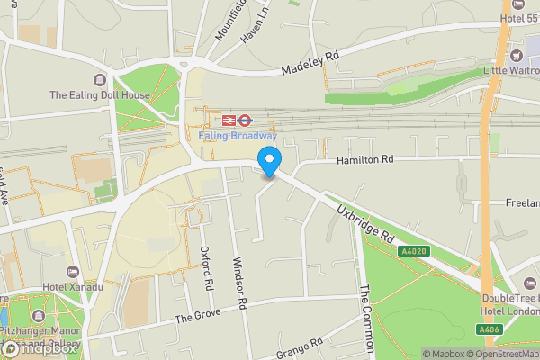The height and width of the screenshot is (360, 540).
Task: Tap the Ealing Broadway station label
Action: (238, 136)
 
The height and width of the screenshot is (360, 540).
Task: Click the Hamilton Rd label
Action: (365, 159)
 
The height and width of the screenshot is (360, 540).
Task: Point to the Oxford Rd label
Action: (207, 268)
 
